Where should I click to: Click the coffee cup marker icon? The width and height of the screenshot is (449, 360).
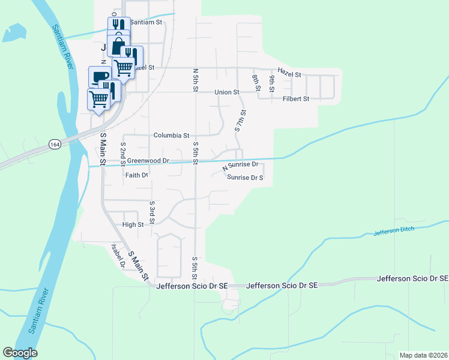[x=100, y=77]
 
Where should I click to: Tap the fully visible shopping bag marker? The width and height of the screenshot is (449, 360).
[x=118, y=46]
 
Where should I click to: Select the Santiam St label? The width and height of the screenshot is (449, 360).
[x=146, y=22]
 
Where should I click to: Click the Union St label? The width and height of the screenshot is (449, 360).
[x=228, y=92]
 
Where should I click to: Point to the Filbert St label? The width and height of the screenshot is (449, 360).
[x=295, y=98]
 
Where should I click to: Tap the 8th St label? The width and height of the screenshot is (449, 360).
[x=256, y=82]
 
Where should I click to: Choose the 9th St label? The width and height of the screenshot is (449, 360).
[x=273, y=83]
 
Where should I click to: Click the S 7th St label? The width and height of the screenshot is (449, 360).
[x=241, y=121]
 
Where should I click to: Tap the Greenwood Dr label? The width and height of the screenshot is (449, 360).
[x=149, y=161]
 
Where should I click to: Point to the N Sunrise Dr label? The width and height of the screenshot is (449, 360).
[x=240, y=164]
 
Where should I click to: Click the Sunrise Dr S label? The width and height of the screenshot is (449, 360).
[x=245, y=178]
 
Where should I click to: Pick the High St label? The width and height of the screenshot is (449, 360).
[x=133, y=225]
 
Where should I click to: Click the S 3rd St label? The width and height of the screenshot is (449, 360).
[x=152, y=212]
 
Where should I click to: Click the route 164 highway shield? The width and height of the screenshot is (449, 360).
[x=55, y=145]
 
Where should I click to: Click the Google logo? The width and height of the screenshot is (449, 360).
[x=20, y=353]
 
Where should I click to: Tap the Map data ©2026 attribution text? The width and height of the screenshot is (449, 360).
[x=423, y=355]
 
